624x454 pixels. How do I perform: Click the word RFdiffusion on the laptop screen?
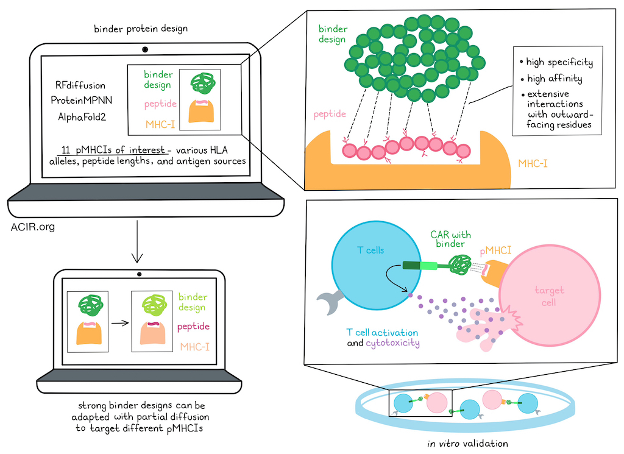pyautogui.click(x=80, y=85)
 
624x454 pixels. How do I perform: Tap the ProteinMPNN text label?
pyautogui.click(x=82, y=101)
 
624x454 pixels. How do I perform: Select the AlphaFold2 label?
pyautogui.click(x=82, y=117)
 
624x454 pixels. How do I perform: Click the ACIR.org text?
pyautogui.click(x=33, y=227)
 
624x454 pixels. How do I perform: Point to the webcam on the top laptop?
pyautogui.click(x=145, y=49)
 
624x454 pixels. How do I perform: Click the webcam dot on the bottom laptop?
pyautogui.click(x=140, y=274)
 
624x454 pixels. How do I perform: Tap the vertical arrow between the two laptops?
pyautogui.click(x=137, y=241)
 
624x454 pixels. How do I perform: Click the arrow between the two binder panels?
pyautogui.click(x=120, y=323)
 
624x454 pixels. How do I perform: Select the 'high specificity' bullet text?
pyautogui.click(x=559, y=62)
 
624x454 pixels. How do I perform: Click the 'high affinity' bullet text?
pyautogui.click(x=555, y=79)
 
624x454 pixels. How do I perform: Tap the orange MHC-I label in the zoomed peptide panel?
pyautogui.click(x=533, y=163)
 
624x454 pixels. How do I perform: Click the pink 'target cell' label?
pyautogui.click(x=549, y=296)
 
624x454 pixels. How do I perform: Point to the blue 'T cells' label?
pyautogui.click(x=370, y=250)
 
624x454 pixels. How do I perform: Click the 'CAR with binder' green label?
pyautogui.click(x=450, y=239)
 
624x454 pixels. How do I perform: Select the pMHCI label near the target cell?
pyautogui.click(x=495, y=250)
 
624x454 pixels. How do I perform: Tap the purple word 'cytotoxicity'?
pyautogui.click(x=393, y=343)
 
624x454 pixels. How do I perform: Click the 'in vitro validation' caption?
pyautogui.click(x=467, y=443)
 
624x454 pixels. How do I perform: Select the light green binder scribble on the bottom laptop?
pyautogui.click(x=154, y=305)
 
